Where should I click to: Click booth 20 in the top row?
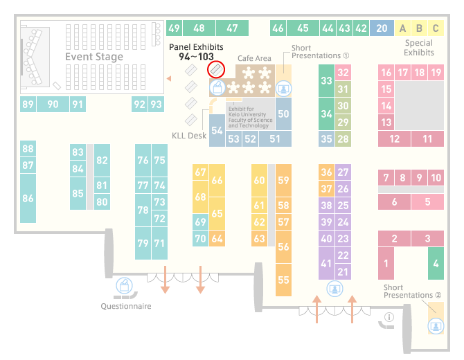(x=382, y=28)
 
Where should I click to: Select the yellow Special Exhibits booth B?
(x=419, y=28)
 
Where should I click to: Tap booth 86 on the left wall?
(x=28, y=198)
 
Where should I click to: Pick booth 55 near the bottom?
(x=283, y=280)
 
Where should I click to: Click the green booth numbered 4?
(x=436, y=263)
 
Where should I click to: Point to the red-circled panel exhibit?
(x=216, y=70)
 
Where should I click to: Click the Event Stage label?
(x=94, y=57)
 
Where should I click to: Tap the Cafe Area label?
(x=254, y=58)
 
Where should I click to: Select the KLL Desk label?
(x=189, y=136)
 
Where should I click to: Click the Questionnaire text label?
(x=126, y=306)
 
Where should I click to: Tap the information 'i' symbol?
(x=389, y=317)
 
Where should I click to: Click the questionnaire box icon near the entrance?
(x=124, y=286)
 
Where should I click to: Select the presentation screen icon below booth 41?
(x=334, y=289)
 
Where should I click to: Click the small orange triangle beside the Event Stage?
(x=169, y=78)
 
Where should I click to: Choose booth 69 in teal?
(x=200, y=222)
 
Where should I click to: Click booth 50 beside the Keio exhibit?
(x=283, y=114)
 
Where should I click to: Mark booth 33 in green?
(x=326, y=80)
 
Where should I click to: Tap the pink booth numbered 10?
(x=436, y=177)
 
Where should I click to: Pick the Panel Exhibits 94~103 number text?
(x=196, y=57)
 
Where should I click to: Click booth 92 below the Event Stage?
(x=139, y=104)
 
